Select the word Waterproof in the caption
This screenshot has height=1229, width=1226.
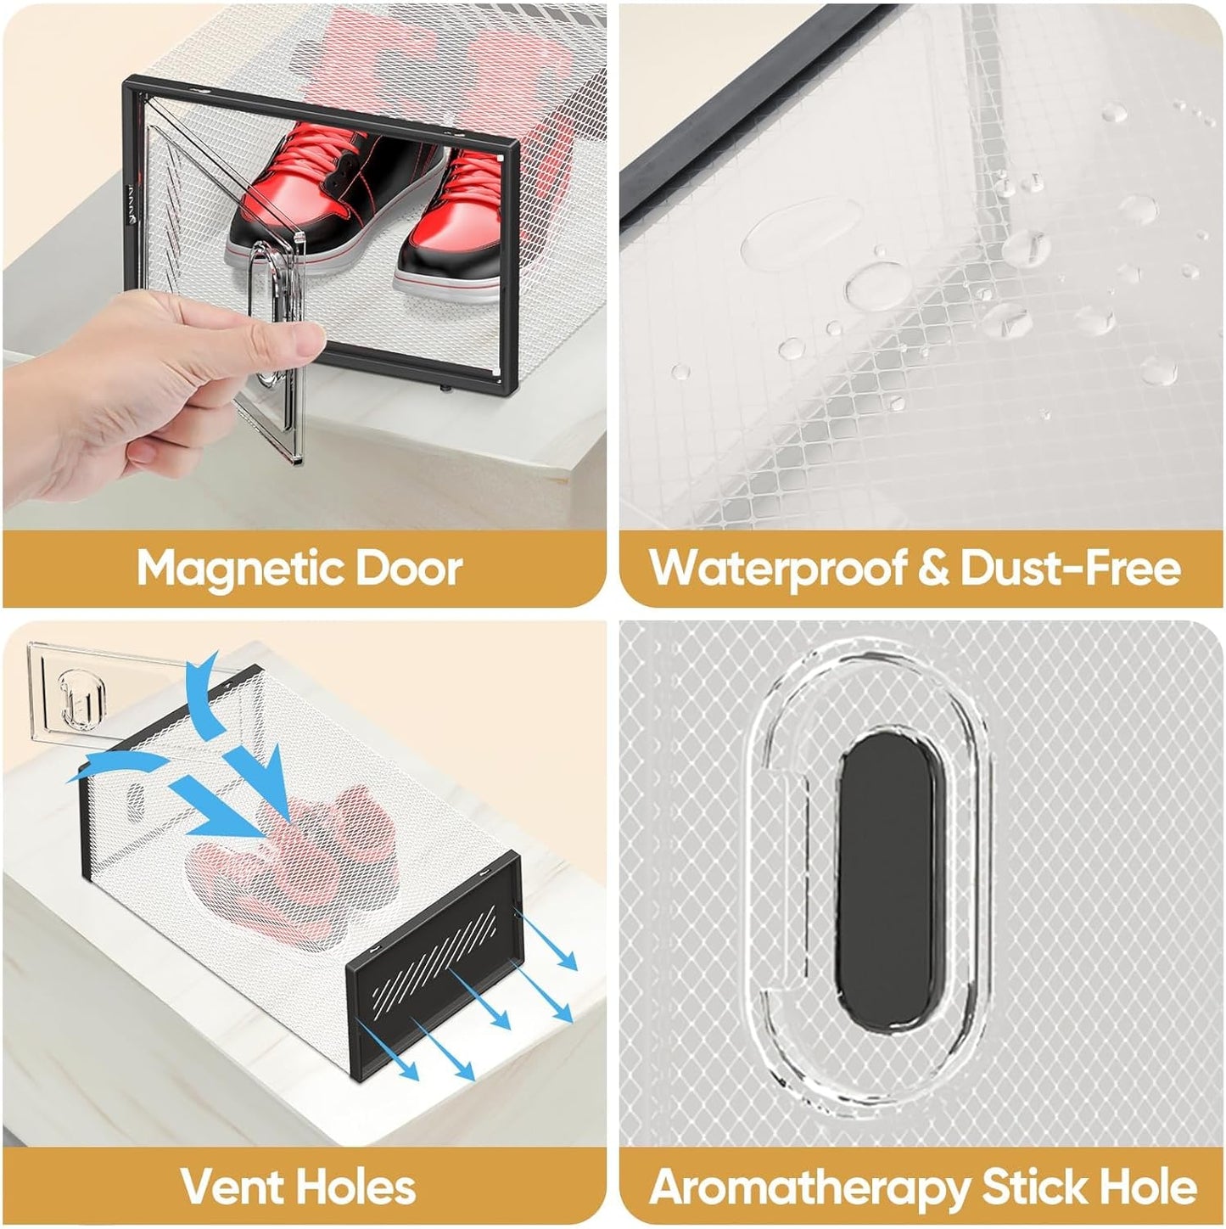click(x=777, y=568)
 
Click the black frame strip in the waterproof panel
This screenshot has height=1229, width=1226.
click(x=753, y=121)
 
